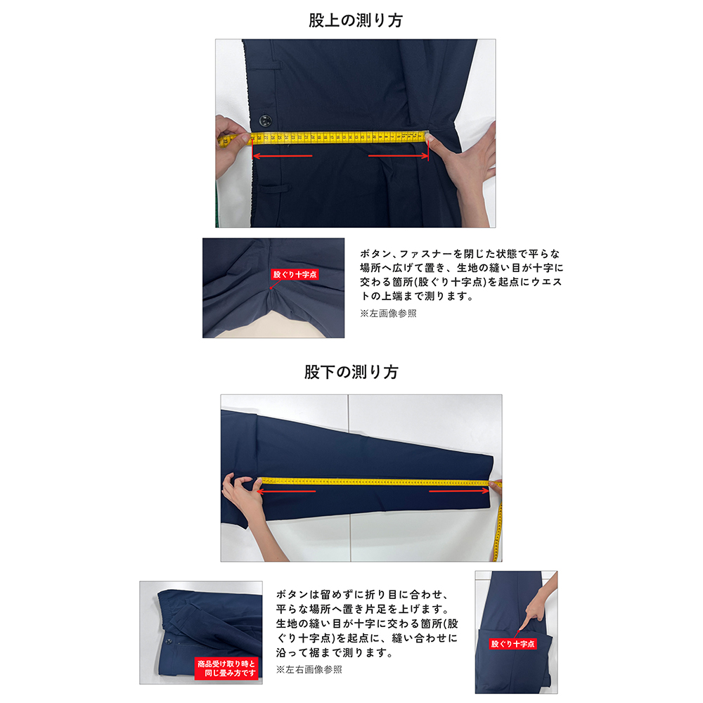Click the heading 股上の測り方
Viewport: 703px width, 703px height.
click(356, 20)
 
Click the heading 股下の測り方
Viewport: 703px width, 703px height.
click(351, 372)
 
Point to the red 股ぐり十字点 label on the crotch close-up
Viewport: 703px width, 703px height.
click(295, 276)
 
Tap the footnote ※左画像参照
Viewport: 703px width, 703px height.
click(388, 314)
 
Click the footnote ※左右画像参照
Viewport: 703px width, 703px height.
click(309, 670)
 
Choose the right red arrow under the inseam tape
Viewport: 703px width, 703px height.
click(458, 491)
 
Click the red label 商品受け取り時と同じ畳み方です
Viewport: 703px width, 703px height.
click(226, 667)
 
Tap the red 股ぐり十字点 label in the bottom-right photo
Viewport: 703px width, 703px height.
click(513, 643)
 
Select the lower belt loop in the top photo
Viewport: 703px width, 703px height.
click(276, 188)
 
